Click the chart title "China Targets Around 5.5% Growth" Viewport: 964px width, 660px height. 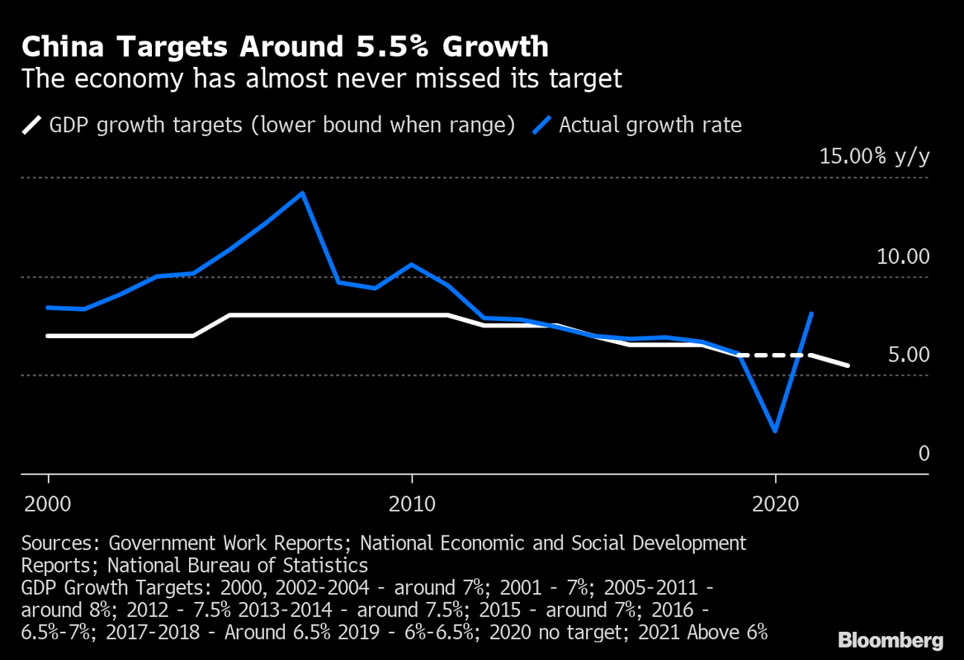point(285,46)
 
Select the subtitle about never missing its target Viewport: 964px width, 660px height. point(321,79)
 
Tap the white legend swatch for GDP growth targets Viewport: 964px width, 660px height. point(31,125)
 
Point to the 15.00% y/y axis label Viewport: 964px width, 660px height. point(873,157)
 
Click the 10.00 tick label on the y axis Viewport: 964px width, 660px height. point(902,257)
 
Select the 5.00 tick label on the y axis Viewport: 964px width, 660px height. point(908,356)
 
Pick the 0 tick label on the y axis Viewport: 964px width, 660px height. point(924,454)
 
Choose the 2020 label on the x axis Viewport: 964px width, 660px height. point(775,502)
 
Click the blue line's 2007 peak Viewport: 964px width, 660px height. point(303,193)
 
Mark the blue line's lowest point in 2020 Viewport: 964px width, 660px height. point(775,431)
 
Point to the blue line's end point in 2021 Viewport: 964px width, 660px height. point(812,313)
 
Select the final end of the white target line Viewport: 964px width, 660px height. point(848,365)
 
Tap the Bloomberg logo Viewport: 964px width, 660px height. point(891,640)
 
